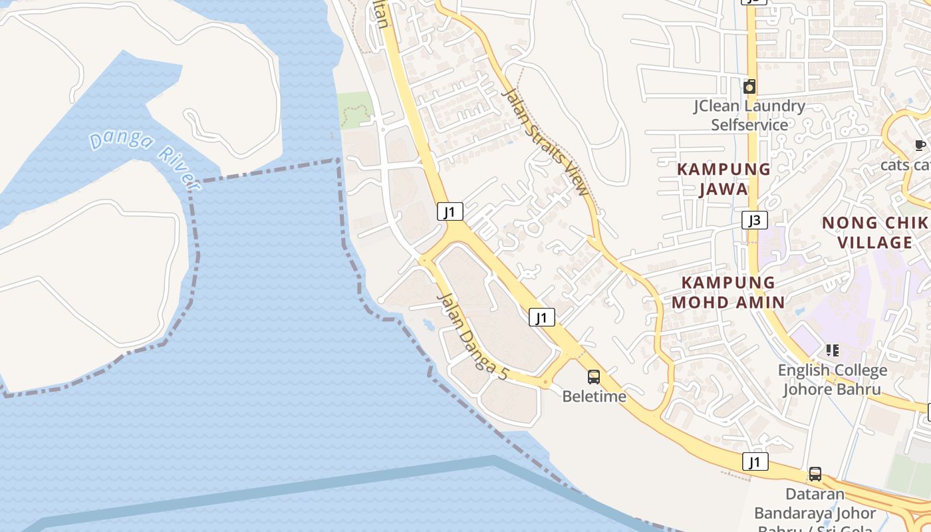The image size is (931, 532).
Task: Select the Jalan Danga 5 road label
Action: [472, 336]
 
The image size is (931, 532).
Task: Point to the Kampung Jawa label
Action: [724, 179]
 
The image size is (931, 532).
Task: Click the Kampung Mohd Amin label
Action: [728, 292]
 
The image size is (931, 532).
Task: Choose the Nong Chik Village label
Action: [875, 232]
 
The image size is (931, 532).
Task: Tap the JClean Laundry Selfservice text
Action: [749, 115]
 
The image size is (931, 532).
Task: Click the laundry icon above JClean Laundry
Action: [749, 86]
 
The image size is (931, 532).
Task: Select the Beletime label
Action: [594, 396]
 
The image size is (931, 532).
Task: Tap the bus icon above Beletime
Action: [594, 377]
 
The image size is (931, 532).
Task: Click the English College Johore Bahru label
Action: [833, 379]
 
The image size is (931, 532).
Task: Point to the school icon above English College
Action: [832, 350]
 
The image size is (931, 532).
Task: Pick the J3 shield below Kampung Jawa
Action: [755, 220]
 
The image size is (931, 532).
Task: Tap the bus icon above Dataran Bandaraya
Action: [815, 474]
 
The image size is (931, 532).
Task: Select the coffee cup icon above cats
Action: [920, 145]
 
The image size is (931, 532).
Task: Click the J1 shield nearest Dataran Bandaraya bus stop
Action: [755, 462]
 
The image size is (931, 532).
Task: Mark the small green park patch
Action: [354, 110]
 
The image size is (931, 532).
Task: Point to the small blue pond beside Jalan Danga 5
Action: [426, 324]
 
